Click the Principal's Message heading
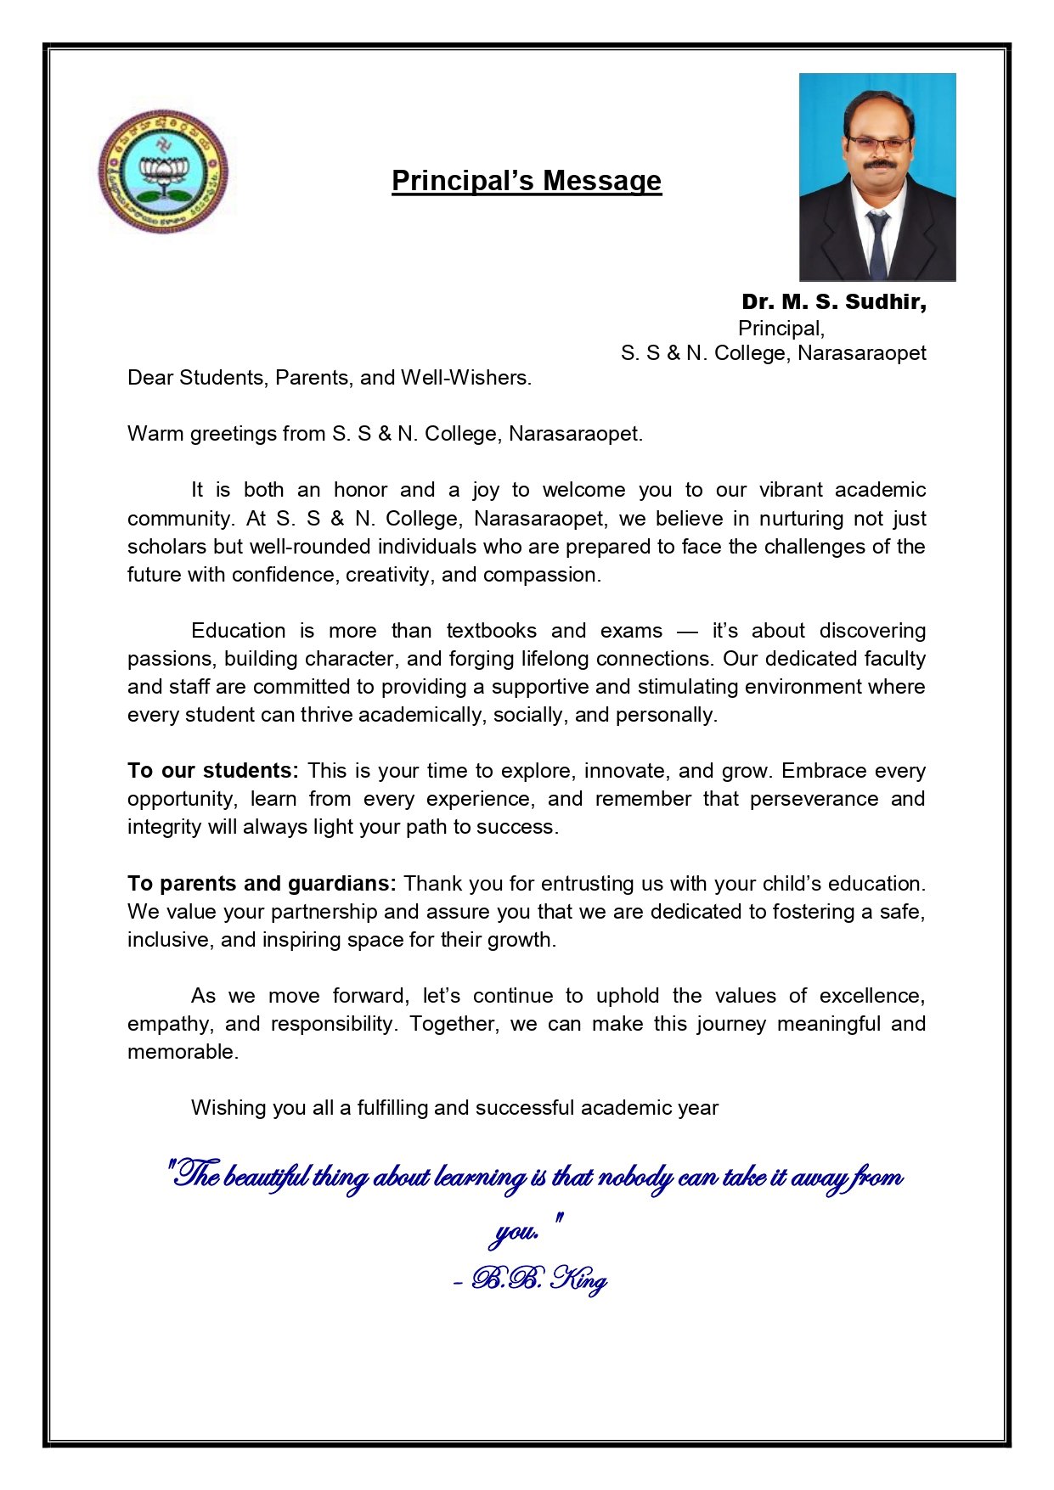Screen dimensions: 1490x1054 (x=526, y=181)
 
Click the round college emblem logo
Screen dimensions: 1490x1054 (x=163, y=171)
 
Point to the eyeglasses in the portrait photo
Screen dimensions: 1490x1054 (x=878, y=142)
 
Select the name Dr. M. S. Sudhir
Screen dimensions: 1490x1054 (x=833, y=302)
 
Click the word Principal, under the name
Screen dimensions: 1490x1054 (x=781, y=329)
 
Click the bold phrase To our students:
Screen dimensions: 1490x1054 (x=212, y=771)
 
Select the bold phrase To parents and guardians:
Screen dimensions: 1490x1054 (x=262, y=884)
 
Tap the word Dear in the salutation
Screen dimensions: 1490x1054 (x=150, y=378)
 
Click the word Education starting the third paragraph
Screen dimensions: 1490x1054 (x=239, y=631)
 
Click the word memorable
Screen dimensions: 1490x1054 (x=181, y=1052)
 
